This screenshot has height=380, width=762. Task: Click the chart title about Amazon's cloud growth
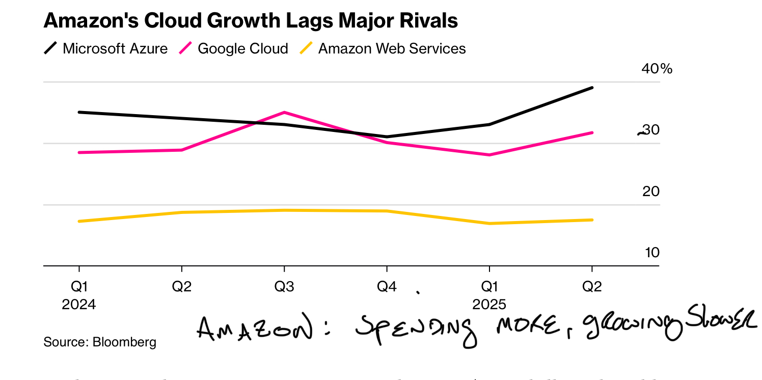(x=251, y=20)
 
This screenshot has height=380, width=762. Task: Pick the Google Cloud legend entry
(x=234, y=48)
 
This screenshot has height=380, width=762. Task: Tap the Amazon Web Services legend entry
(x=383, y=48)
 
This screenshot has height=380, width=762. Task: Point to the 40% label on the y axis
(x=656, y=68)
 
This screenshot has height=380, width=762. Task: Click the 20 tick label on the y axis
(x=651, y=192)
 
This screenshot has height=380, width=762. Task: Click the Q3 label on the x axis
(x=284, y=287)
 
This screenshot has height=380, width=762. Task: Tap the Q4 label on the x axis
(x=387, y=287)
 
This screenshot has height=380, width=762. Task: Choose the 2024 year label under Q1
(x=79, y=305)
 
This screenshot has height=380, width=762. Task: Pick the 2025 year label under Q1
(x=489, y=305)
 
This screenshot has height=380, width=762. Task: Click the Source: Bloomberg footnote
(x=100, y=342)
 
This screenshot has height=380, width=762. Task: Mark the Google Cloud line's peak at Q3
(x=284, y=112)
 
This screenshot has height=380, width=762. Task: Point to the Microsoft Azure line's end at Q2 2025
(x=592, y=88)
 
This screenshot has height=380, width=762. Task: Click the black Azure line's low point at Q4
(x=387, y=137)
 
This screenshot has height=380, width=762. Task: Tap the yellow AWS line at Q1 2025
(x=489, y=223)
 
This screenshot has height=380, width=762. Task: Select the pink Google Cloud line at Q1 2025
(x=489, y=155)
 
